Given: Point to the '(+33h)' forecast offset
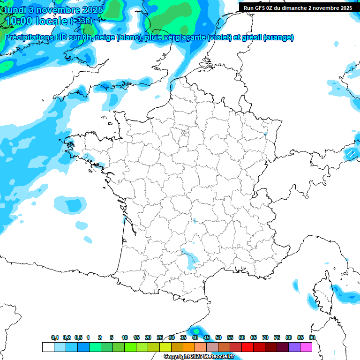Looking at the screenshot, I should pyautogui.click(x=81, y=21).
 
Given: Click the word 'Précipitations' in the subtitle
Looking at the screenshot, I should pyautogui.click(x=32, y=37).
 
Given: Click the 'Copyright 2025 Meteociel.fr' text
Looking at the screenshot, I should pyautogui.click(x=199, y=357).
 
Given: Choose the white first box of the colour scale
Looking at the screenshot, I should pyautogui.click(x=48, y=347).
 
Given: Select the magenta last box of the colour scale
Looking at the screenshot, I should pyautogui.click(x=306, y=347).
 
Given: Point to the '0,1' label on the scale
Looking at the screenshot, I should pyautogui.click(x=55, y=338).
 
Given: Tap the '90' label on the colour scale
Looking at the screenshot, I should pyautogui.click(x=312, y=338).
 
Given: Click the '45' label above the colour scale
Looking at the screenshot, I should pyautogui.click(x=207, y=338).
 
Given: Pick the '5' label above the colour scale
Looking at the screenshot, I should pyautogui.click(x=112, y=338).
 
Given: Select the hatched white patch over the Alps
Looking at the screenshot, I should pyautogui.click(x=350, y=153).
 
